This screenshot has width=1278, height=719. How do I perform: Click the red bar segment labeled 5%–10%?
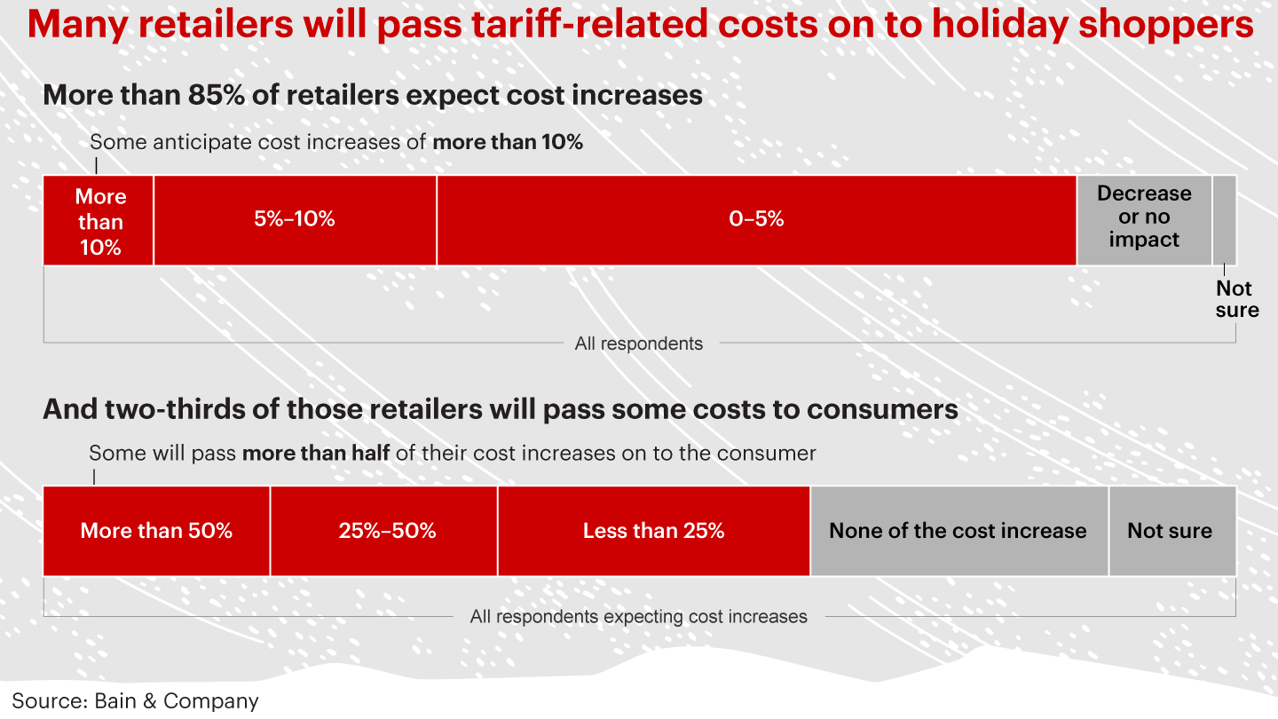295,220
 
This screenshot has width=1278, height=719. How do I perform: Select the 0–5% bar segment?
756,220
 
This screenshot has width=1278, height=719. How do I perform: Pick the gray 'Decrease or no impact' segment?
1144,219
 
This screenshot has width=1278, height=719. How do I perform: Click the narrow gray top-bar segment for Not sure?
1224,220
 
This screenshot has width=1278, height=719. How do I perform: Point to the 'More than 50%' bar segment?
156,531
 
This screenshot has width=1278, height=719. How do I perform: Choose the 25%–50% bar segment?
384,531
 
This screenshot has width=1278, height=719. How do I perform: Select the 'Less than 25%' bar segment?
653,531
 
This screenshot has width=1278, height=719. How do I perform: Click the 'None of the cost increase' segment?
958,531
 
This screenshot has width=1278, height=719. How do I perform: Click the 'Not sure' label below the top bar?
1236,299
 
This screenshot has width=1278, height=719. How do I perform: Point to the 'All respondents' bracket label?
638,344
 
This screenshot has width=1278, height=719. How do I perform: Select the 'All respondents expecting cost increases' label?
638,616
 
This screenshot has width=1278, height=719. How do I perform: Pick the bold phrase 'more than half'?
316,454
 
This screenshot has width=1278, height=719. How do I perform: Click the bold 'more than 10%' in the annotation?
508,142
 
